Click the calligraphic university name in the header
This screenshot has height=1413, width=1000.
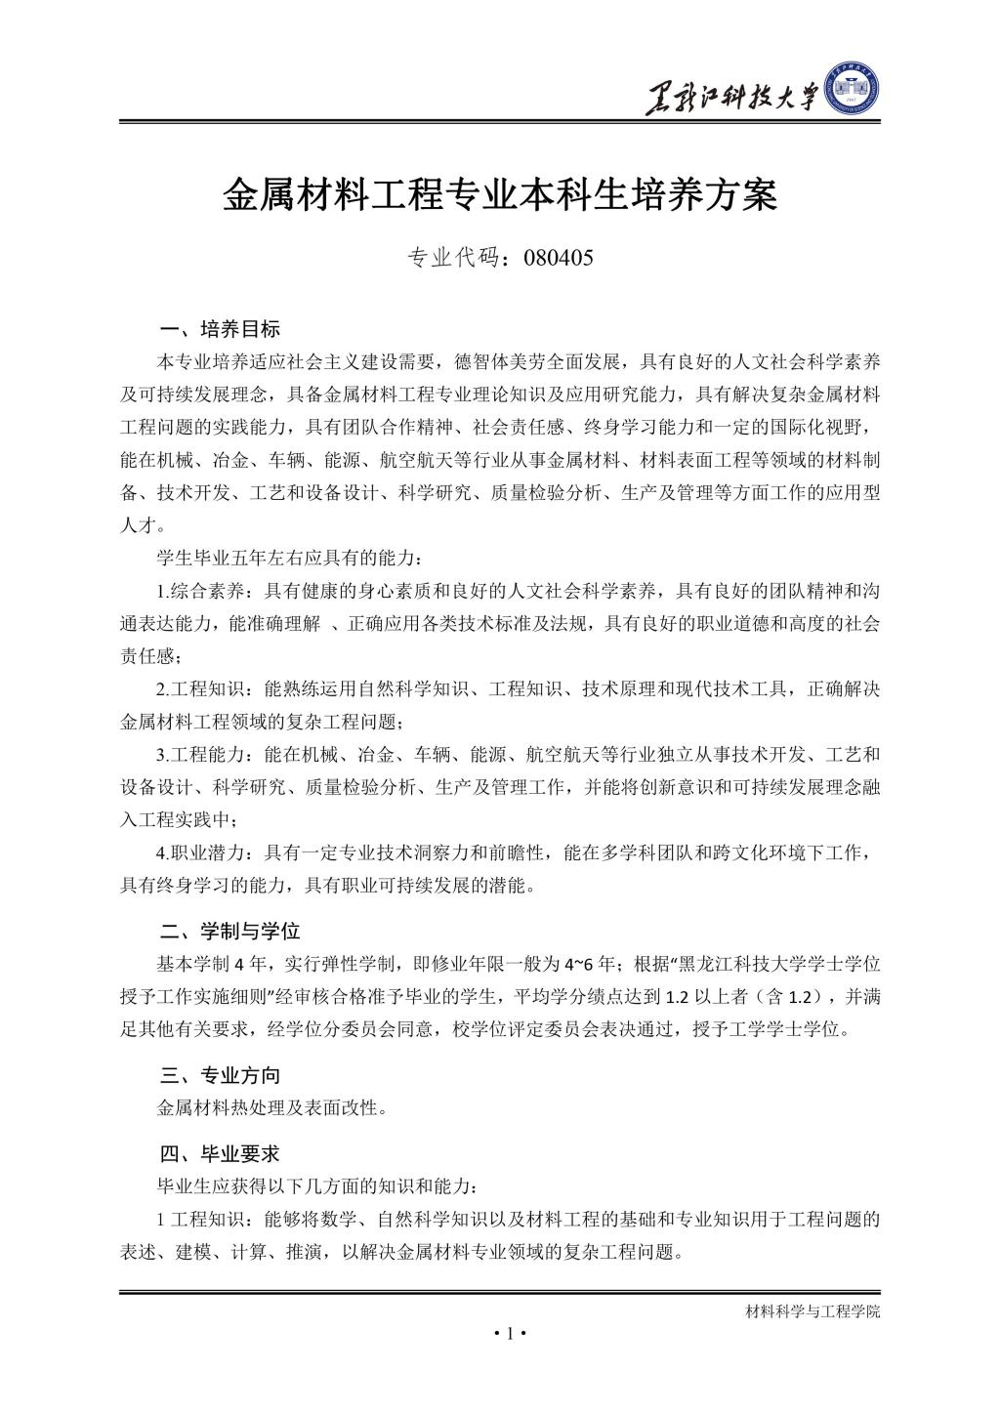(730, 98)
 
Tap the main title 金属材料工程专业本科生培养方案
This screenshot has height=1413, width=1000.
(499, 194)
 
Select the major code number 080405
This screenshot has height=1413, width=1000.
(559, 259)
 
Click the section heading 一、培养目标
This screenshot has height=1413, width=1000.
(220, 328)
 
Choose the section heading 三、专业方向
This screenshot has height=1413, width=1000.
(220, 1075)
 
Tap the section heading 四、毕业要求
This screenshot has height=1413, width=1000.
(220, 1153)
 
